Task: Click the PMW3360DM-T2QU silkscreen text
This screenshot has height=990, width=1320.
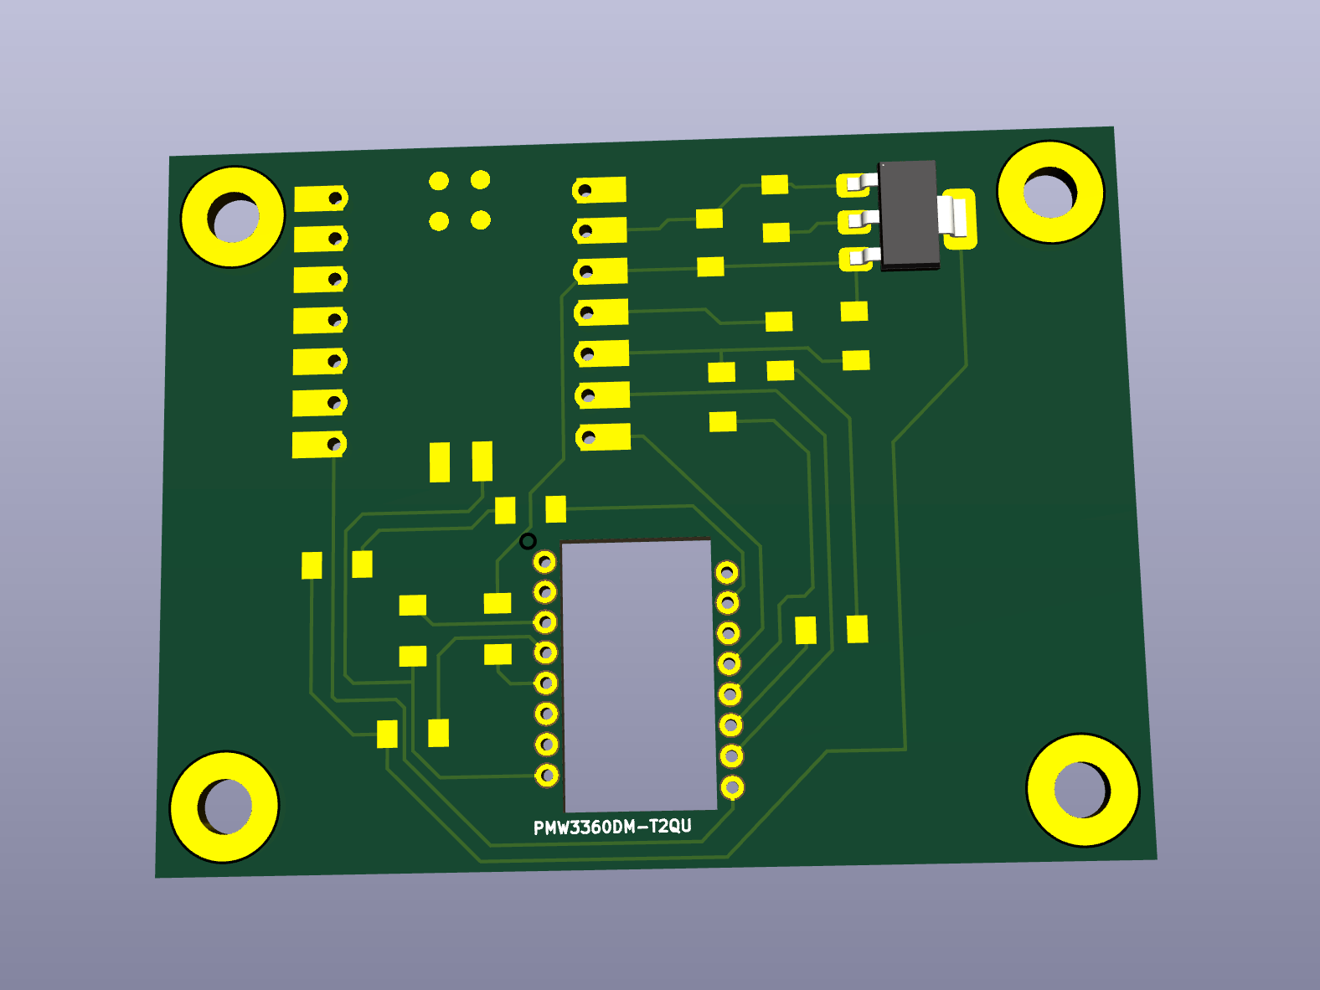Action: [x=612, y=828]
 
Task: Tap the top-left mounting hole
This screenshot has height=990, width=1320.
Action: [x=233, y=217]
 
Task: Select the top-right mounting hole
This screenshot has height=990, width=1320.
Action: [x=1050, y=193]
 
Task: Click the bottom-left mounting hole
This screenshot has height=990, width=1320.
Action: [x=224, y=807]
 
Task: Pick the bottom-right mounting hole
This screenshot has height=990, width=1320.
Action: [x=1082, y=791]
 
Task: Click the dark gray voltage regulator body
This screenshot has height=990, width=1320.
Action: [x=908, y=215]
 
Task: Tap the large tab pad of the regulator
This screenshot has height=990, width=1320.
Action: [x=958, y=219]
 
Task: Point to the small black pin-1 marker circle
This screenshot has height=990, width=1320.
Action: [x=528, y=541]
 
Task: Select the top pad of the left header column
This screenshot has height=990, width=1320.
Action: [x=321, y=199]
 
